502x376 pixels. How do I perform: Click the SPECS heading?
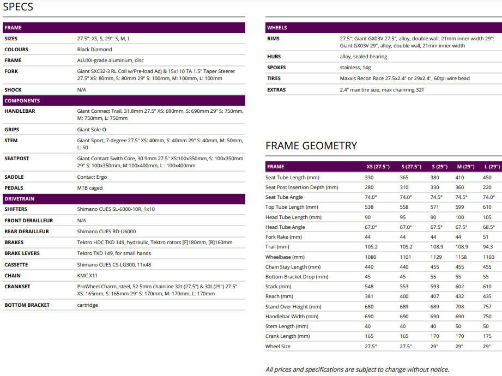(18, 7)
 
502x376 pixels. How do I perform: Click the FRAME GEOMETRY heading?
(311, 145)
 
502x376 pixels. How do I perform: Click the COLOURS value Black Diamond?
(95, 50)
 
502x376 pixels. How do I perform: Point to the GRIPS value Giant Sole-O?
(92, 130)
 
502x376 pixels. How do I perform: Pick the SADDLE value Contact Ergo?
(92, 177)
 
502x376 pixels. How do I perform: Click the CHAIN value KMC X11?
(87, 276)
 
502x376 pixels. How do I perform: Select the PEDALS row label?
(14, 188)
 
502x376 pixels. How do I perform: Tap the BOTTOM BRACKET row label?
(27, 305)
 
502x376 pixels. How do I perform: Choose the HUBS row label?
(274, 57)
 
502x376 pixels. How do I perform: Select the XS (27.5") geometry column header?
(378, 167)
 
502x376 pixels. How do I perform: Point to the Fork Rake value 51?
(486, 237)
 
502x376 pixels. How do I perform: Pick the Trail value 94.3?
(487, 247)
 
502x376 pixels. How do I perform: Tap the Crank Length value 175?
(487, 336)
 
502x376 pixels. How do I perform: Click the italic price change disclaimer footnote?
(357, 369)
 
